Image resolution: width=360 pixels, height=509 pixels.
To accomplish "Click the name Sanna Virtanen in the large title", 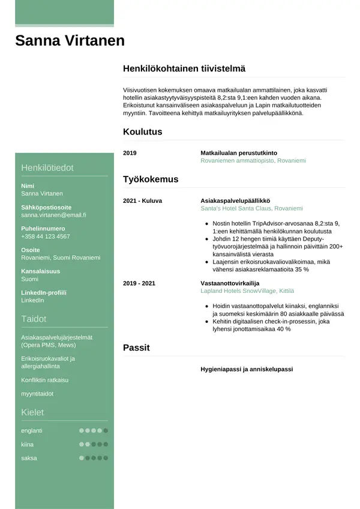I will tap(70, 41).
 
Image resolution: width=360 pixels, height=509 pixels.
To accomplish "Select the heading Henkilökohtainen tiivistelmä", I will tap(184, 69).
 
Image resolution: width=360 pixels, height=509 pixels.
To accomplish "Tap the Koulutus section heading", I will tap(142, 132).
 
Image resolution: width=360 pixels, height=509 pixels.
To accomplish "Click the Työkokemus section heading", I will tap(151, 179).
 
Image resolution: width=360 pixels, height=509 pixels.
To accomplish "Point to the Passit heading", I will tap(136, 348).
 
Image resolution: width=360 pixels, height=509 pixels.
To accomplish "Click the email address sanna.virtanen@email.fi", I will tap(53, 215).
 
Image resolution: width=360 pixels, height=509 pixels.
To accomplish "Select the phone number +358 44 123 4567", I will tap(45, 236).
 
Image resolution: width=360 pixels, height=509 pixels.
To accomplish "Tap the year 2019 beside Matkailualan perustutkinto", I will tap(130, 153).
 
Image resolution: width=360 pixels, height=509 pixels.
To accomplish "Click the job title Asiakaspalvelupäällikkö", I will tap(235, 200).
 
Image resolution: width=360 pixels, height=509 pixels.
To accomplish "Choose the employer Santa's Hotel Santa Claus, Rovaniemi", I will tap(251, 208).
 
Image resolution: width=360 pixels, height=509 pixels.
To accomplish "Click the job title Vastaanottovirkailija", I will tap(230, 283).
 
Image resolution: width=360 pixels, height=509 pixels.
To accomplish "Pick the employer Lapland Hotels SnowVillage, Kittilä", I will tap(247, 291).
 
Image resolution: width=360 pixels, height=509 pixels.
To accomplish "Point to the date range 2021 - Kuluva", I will tap(142, 200).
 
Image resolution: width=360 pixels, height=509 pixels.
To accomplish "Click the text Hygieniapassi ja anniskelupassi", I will tap(246, 369).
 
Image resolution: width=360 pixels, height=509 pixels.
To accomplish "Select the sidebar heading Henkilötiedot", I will tap(47, 167).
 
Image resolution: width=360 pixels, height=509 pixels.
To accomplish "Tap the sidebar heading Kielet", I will tap(34, 412).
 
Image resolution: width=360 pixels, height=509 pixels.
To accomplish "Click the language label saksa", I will tap(29, 458).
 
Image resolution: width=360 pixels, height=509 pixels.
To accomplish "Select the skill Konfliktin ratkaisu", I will tap(45, 380).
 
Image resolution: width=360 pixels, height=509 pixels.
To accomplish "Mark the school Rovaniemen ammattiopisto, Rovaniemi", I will tap(253, 161).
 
